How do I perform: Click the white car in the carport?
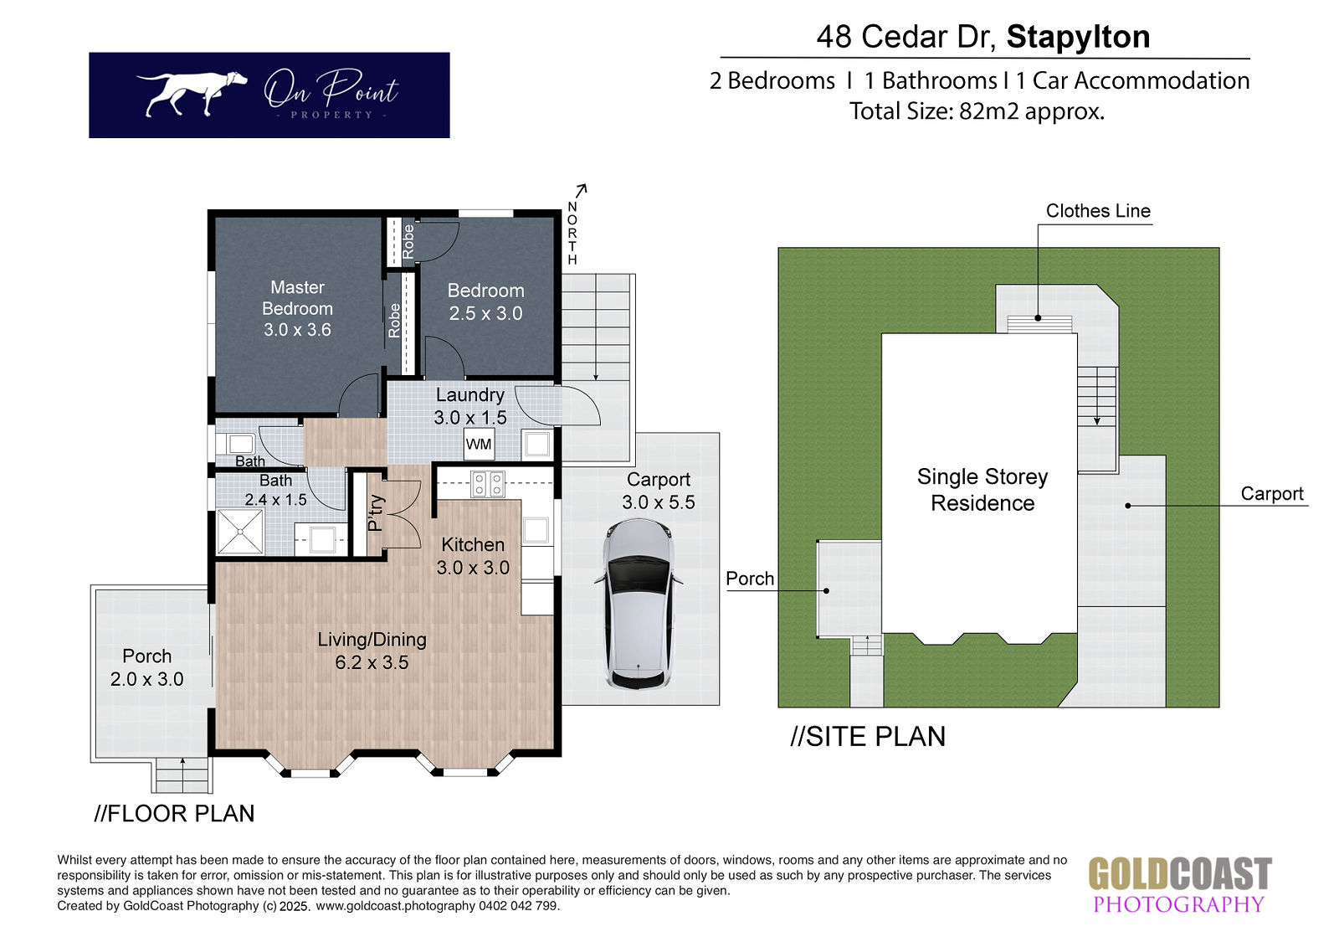pyautogui.click(x=639, y=604)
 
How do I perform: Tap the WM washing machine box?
pyautogui.click(x=479, y=444)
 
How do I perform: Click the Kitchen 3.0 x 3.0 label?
pyautogui.click(x=473, y=556)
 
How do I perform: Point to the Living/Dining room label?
pyautogui.click(x=372, y=651)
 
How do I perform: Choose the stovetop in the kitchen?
pyautogui.click(x=488, y=484)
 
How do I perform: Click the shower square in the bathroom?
pyautogui.click(x=239, y=531)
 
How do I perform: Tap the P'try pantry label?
pyautogui.click(x=375, y=512)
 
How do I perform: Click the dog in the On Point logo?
pyautogui.click(x=192, y=93)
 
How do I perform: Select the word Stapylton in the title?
pyautogui.click(x=1079, y=37)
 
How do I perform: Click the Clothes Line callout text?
pyautogui.click(x=1098, y=210)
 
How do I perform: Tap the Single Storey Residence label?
pyautogui.click(x=982, y=489)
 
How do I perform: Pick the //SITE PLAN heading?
pyautogui.click(x=867, y=736)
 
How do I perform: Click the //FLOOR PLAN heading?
pyautogui.click(x=174, y=813)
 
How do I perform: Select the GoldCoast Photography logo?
pyautogui.click(x=1180, y=883)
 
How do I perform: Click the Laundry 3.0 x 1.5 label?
pyautogui.click(x=469, y=405)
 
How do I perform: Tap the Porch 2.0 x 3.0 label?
pyautogui.click(x=146, y=667)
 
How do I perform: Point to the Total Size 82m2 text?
pyautogui.click(x=977, y=111)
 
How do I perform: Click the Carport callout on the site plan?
pyautogui.click(x=1271, y=493)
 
